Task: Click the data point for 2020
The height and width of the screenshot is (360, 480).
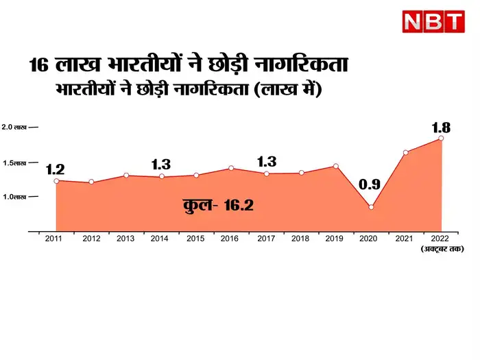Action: pos(371,206)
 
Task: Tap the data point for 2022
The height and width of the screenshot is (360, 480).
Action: pos(441,139)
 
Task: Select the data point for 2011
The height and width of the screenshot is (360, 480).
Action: pos(56,180)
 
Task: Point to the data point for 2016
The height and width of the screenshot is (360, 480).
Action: pos(231,168)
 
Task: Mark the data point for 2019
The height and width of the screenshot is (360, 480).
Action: pos(336,166)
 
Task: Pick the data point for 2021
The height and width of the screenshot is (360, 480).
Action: pos(406,152)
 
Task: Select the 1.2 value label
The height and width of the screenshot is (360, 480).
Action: pos(56,169)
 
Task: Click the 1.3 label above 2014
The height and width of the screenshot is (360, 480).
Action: pos(160,164)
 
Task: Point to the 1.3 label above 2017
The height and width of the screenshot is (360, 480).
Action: pos(266,162)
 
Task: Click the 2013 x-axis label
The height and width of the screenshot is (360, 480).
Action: pos(125,239)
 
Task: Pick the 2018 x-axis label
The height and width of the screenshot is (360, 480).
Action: pos(301,239)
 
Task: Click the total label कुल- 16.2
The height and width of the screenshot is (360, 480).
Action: pos(219,204)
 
